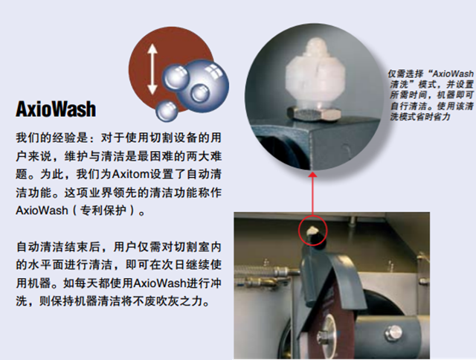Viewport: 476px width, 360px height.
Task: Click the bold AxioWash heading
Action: pos(56,109)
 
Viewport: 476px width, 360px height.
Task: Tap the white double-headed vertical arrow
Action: pos(152,69)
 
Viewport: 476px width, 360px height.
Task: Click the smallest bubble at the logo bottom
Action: pos(167,111)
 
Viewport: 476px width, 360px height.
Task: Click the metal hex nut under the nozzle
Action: pos(314,112)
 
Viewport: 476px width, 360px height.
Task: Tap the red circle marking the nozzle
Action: pos(312,230)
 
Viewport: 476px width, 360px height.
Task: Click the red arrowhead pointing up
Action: pos(312,174)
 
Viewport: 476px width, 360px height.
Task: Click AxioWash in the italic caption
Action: pos(453,74)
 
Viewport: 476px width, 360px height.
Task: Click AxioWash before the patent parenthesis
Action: pos(42,210)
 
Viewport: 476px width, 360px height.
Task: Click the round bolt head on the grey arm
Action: pos(393,333)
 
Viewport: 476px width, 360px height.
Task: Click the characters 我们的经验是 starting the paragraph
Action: pos(51,138)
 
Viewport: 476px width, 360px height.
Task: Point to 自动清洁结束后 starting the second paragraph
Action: pos(58,247)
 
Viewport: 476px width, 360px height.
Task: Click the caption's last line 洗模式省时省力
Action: pos(419,117)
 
